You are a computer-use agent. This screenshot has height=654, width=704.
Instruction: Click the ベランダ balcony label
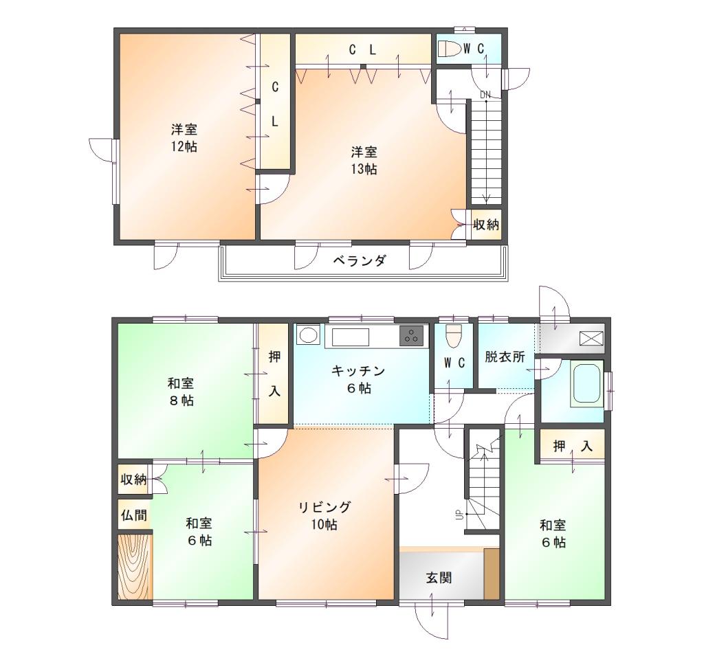point(359,260)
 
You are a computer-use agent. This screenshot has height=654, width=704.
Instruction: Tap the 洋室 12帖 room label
point(184,138)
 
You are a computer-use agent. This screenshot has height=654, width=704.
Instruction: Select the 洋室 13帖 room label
point(364,161)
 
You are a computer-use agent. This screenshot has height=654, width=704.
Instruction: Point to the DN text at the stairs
point(485,95)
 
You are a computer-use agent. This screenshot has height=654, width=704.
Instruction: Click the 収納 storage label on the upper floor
point(486,224)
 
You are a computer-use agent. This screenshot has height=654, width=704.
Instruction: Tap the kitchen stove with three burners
point(411,335)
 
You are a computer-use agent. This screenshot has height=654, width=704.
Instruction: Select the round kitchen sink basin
point(307,335)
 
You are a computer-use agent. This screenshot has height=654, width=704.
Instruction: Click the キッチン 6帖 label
point(358,379)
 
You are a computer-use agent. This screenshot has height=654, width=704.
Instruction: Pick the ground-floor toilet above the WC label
point(454,335)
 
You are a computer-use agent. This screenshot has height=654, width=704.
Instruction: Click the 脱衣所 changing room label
point(505,357)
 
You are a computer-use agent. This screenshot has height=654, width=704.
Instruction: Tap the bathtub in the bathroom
point(586,384)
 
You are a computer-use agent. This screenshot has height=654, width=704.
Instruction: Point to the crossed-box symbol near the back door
point(591,338)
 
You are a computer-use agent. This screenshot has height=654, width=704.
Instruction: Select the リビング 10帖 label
point(324,515)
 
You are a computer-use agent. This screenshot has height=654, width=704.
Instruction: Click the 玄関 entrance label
point(439,578)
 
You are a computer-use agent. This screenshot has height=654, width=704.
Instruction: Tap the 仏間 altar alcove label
point(134,515)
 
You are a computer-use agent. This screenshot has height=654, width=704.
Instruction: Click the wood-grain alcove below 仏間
point(135,567)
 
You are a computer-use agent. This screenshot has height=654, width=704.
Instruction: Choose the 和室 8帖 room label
point(181,392)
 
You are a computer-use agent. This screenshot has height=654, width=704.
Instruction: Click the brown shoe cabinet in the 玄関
point(492,573)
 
